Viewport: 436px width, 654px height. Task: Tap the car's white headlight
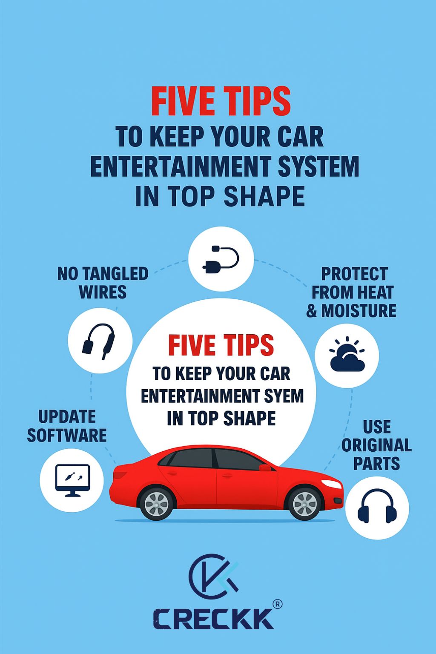tap(331, 484)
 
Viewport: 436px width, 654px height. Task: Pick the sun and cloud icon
tap(347, 354)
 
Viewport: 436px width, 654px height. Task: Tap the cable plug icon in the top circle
tap(221, 259)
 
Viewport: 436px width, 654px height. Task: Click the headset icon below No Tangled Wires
tap(99, 341)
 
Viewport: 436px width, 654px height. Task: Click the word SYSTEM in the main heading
tap(318, 166)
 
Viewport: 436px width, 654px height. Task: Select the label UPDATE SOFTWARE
tap(67, 426)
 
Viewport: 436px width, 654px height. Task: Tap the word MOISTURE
tap(359, 310)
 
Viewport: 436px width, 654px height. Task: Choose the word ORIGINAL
tap(377, 445)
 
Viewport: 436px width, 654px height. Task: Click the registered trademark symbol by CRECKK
tap(277, 604)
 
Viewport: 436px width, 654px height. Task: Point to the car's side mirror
tap(265, 468)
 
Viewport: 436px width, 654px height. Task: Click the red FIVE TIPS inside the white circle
tap(221, 345)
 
